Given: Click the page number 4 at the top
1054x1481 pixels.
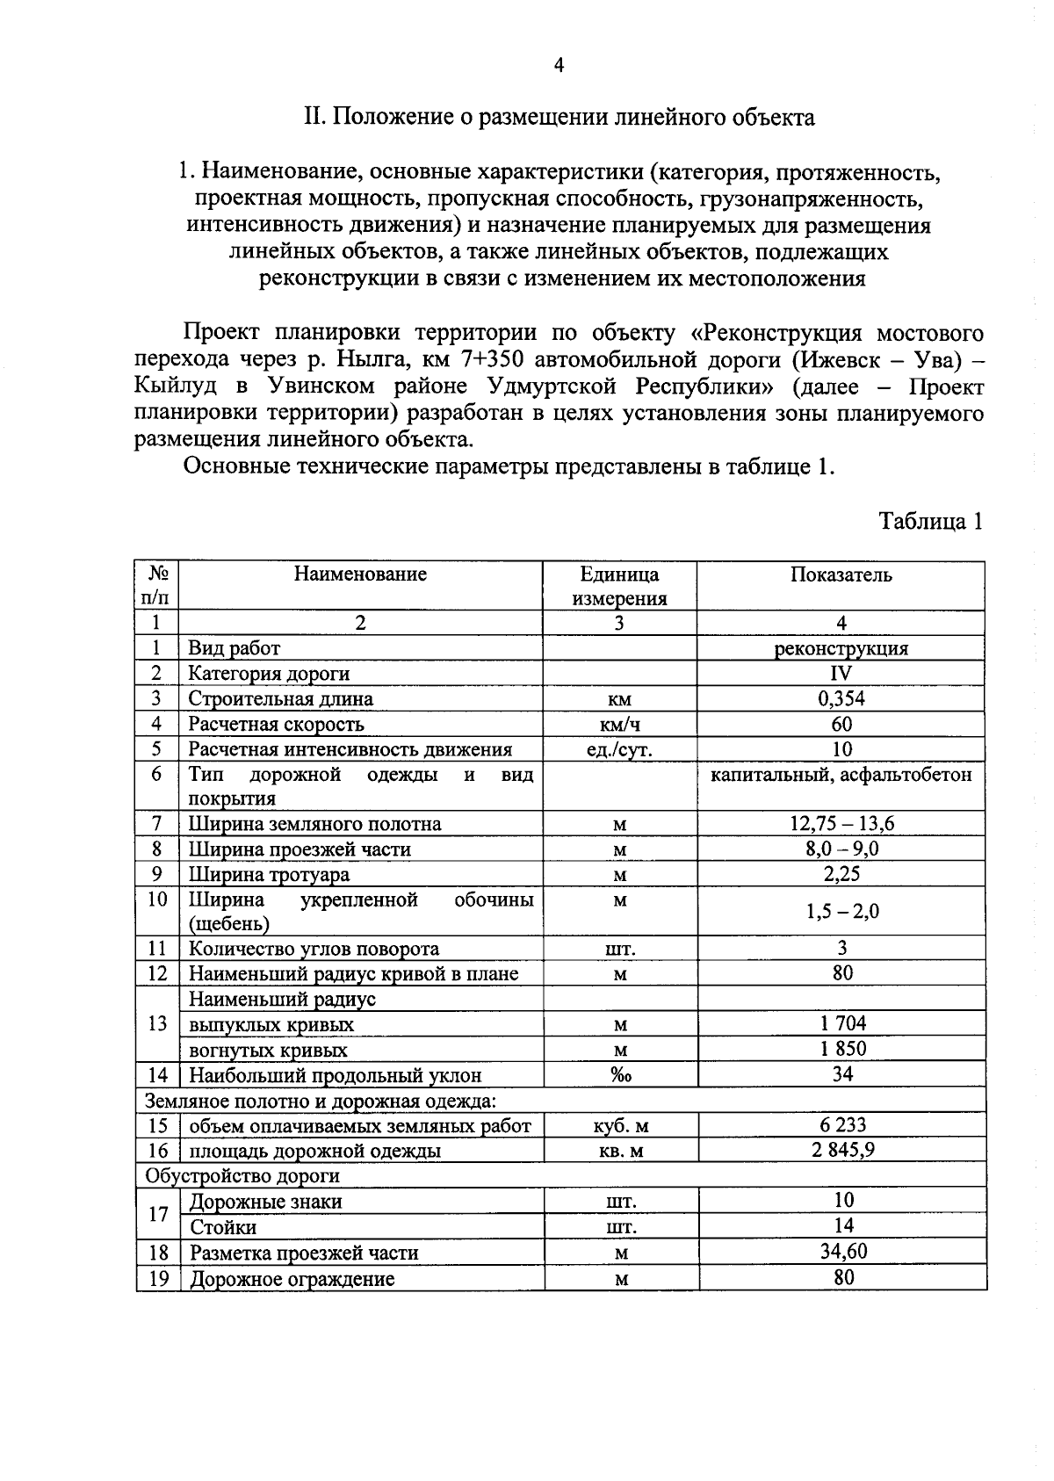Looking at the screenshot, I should [559, 65].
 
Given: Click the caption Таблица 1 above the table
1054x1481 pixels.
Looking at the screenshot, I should [931, 522].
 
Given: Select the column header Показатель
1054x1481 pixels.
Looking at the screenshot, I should [841, 575].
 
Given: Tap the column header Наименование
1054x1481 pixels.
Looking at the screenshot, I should [360, 574].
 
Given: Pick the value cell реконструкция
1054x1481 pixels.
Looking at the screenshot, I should [841, 649].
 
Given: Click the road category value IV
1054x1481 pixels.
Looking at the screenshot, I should [841, 674].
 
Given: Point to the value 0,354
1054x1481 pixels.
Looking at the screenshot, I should [841, 699].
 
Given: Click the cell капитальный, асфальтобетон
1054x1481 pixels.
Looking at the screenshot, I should [841, 775].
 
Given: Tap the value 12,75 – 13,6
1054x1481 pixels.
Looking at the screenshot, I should [841, 824].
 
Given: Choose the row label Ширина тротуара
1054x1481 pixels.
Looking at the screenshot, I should [269, 875].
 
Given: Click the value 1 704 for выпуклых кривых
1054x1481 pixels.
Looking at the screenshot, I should [842, 1023].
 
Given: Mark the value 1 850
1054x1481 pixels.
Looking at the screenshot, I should [842, 1049].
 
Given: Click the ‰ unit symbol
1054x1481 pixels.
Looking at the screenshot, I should [620, 1075].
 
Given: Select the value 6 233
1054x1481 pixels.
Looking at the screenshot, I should [842, 1125].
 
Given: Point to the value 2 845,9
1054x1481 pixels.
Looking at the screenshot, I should [842, 1151].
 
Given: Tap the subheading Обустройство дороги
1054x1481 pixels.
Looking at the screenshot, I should [242, 1176].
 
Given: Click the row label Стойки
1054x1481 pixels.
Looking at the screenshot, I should [223, 1227].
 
